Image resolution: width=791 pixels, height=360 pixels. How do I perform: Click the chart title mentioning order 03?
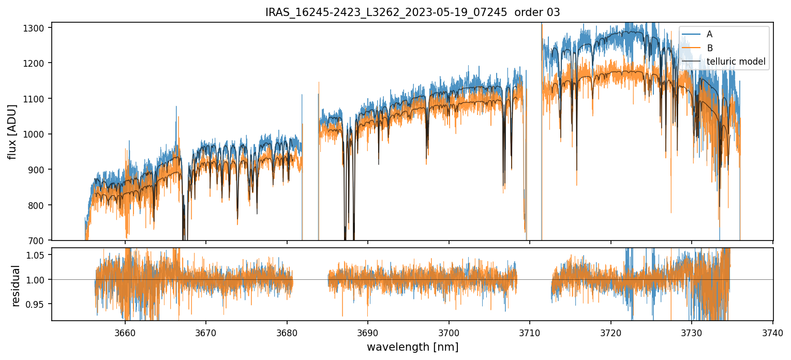412,12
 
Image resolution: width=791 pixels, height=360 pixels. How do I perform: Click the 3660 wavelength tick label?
125,332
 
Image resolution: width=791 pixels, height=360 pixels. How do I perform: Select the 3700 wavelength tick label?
449,332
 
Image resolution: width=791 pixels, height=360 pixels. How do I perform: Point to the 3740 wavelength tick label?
772,332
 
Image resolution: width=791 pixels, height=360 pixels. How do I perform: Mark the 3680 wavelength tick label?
287,332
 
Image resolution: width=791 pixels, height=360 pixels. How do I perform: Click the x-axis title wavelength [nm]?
412,347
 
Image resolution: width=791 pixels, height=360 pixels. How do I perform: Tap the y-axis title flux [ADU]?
12,131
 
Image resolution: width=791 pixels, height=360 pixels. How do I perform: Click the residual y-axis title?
16,286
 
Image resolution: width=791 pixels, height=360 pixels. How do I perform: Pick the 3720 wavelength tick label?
610,332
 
